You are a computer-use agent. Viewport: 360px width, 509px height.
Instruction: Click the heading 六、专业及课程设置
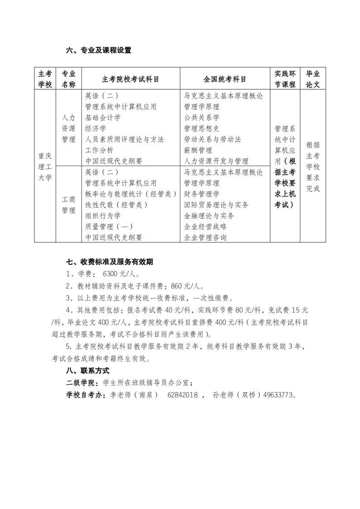(98, 50)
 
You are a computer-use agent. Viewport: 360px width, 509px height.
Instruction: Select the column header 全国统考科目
(225, 79)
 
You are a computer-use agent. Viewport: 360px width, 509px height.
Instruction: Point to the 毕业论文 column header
(313, 79)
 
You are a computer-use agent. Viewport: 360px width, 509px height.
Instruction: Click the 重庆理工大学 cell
(45, 166)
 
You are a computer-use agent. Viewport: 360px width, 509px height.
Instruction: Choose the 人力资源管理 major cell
(68, 128)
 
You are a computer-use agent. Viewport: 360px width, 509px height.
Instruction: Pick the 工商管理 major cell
(68, 205)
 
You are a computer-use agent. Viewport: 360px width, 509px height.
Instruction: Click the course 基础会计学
(103, 117)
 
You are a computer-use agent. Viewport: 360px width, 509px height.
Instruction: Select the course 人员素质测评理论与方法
(125, 139)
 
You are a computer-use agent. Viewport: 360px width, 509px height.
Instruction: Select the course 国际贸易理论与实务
(216, 205)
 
